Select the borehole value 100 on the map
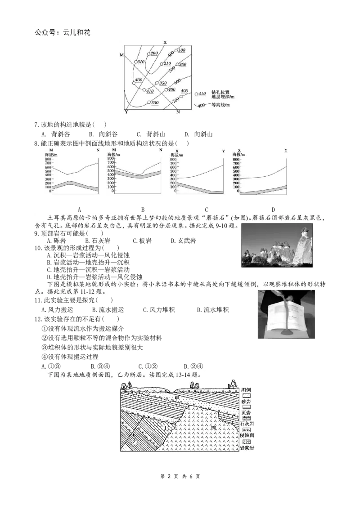pos(182,50)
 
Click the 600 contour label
pos(176,81)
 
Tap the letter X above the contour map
pos(165,42)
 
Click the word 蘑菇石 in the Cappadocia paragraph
pos(222,217)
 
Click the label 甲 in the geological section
pos(177,398)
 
